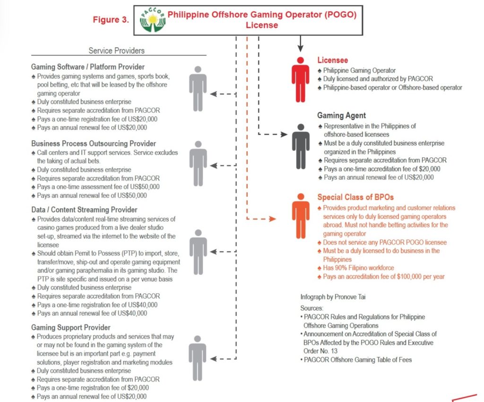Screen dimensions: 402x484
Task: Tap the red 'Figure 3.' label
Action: pyautogui.click(x=111, y=20)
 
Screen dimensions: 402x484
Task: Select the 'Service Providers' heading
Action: pyautogui.click(x=117, y=51)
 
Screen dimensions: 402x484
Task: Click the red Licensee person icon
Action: pyautogui.click(x=301, y=79)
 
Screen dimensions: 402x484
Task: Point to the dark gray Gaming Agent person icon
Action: pyautogui.click(x=301, y=146)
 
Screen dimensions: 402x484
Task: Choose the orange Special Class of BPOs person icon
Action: pyautogui.click(x=301, y=215)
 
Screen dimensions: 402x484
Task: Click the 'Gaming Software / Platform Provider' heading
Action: pyautogui.click(x=88, y=67)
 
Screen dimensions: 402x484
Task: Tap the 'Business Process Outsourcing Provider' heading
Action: pyautogui.click(x=94, y=144)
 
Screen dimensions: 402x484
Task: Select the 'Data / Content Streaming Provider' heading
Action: pyautogui.click(x=84, y=210)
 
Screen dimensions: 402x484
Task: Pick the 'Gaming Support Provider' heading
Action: pyautogui.click(x=71, y=327)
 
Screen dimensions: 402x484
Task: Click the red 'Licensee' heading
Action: pyautogui.click(x=333, y=60)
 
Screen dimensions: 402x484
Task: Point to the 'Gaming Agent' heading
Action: pyautogui.click(x=341, y=116)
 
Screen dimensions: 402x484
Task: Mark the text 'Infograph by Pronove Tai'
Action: pyautogui.click(x=334, y=297)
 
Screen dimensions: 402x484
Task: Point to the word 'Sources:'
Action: pyautogui.click(x=311, y=308)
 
